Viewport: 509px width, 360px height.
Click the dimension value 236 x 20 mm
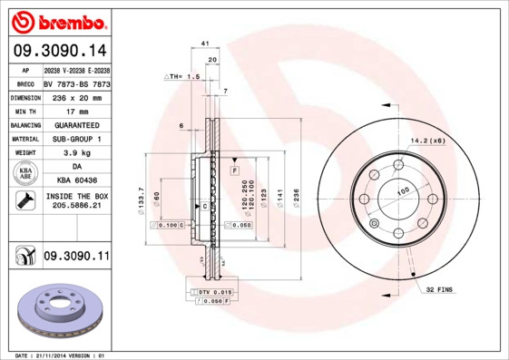(76, 96)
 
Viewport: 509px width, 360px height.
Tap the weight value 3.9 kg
(76, 153)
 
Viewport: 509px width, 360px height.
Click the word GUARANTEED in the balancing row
(76, 124)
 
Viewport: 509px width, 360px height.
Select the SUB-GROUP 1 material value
(76, 139)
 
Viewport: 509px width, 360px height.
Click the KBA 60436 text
(76, 181)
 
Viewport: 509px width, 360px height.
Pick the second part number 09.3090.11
(75, 258)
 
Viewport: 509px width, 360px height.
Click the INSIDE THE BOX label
(76, 196)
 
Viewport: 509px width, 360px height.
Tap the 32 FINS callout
(440, 288)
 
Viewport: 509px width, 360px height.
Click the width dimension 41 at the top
(205, 44)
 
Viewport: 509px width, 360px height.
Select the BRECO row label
(24, 83)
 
